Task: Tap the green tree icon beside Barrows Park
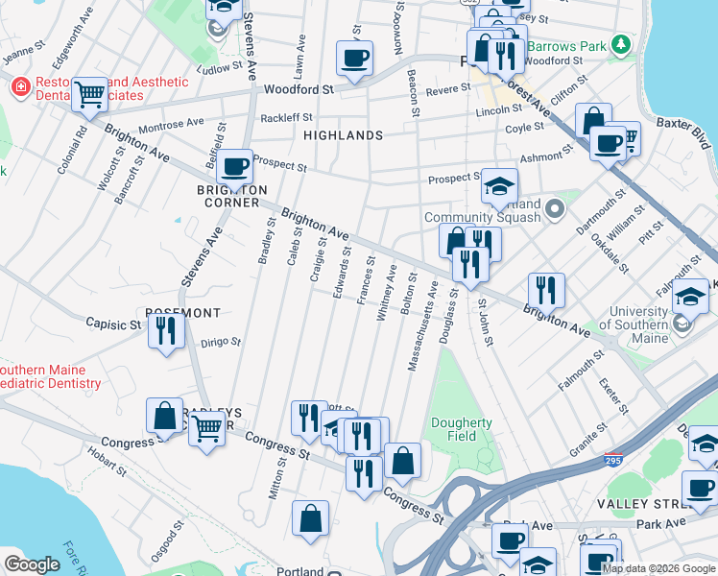coord(621,44)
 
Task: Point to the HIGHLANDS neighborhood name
coord(344,135)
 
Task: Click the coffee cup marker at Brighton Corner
coord(234,167)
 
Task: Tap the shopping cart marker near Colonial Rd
coord(89,94)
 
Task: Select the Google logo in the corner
coord(32,564)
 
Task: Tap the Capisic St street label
coord(113,324)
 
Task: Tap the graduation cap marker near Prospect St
coord(499,186)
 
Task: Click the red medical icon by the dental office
coord(19,87)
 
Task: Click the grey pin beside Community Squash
coord(554,208)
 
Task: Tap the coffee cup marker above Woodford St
coord(354,58)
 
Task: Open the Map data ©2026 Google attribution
coord(658,567)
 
